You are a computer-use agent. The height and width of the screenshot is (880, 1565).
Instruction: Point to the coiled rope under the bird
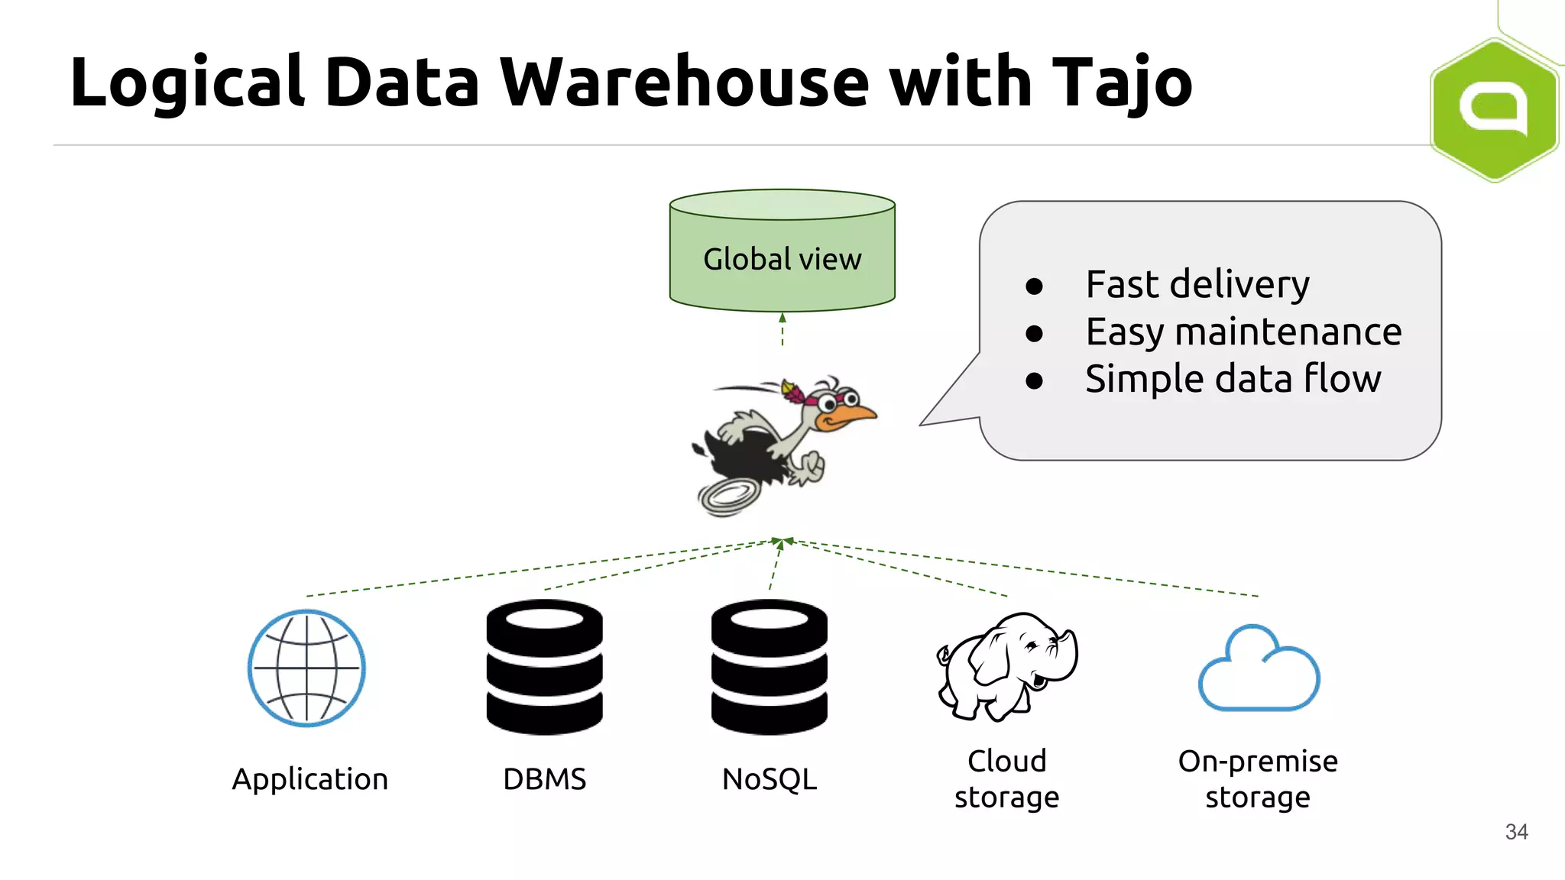click(730, 497)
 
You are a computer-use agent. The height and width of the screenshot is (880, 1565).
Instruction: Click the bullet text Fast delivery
click(1197, 285)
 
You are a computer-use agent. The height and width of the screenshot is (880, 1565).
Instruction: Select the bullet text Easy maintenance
click(1243, 332)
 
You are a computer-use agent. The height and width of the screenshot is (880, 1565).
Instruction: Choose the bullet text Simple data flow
click(1233, 379)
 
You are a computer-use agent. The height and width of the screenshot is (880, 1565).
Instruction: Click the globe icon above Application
click(306, 668)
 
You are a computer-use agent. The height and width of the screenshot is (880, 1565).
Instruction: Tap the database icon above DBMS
click(544, 667)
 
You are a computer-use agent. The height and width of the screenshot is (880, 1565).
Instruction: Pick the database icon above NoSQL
click(769, 667)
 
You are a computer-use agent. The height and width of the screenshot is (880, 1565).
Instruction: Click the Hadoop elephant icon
click(1007, 666)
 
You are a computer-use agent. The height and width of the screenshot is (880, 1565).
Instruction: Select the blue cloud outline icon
click(1259, 670)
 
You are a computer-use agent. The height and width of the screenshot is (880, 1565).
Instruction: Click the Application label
click(309, 779)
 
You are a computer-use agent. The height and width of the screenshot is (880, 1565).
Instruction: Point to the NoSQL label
click(769, 779)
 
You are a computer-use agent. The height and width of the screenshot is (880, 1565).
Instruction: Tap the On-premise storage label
click(1258, 779)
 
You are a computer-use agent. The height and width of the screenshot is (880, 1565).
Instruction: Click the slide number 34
click(1516, 832)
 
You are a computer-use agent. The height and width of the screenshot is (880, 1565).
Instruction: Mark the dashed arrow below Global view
click(782, 330)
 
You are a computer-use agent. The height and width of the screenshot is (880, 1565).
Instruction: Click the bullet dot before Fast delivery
click(1034, 286)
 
